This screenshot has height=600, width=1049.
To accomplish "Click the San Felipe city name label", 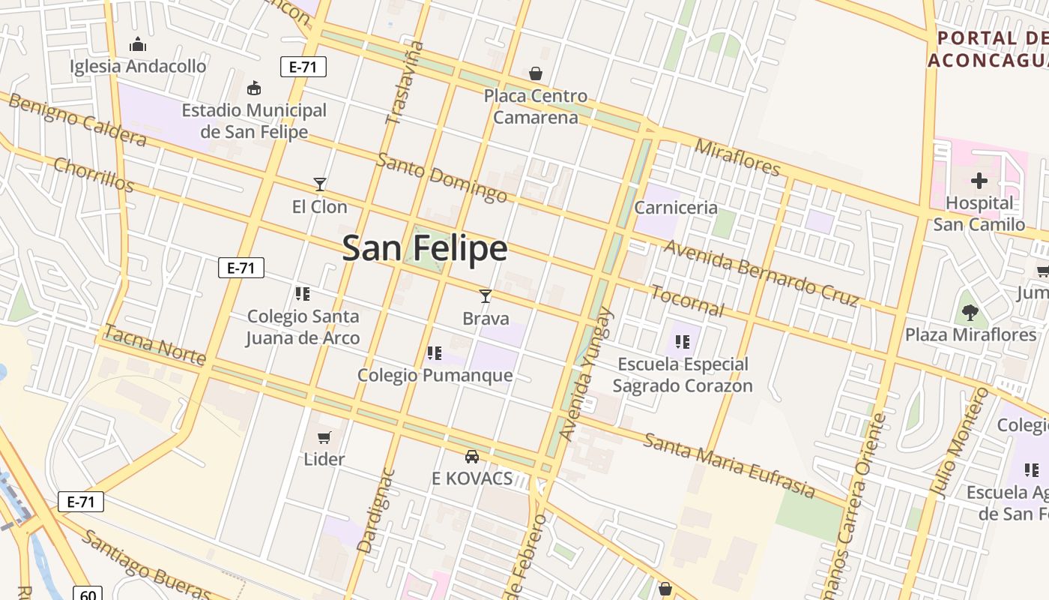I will coord(425,248).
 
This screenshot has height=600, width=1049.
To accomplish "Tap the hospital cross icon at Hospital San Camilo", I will coord(979,181).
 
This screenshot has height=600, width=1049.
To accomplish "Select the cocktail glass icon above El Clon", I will coord(320,184).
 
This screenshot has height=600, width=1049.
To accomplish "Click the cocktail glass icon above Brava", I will coord(486,295).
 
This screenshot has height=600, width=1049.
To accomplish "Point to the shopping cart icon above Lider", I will coord(324,437).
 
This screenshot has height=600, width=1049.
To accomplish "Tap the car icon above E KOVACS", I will coord(472,456).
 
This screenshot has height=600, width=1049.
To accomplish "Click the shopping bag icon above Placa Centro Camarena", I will coord(536,73).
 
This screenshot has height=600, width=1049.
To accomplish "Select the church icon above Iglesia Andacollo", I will coord(137,44).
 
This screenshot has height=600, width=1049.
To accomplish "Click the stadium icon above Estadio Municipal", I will coord(254,88).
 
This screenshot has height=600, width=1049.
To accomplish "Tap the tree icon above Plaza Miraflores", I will coord(970,312).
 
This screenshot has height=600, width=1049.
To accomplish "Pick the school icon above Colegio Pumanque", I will coord(435,352).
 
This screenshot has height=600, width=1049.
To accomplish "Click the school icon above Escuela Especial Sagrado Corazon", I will coord(682,342).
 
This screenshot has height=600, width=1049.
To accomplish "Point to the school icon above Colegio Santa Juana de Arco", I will coord(303,293).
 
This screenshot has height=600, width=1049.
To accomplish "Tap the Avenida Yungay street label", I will coord(587,374).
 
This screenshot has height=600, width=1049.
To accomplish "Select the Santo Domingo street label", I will coord(442,178).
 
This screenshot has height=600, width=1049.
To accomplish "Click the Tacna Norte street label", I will coord(154,345).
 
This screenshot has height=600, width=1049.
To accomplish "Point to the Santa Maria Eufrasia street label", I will coord(729,466).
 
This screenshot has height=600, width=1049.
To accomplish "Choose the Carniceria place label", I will coord(676,208).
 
